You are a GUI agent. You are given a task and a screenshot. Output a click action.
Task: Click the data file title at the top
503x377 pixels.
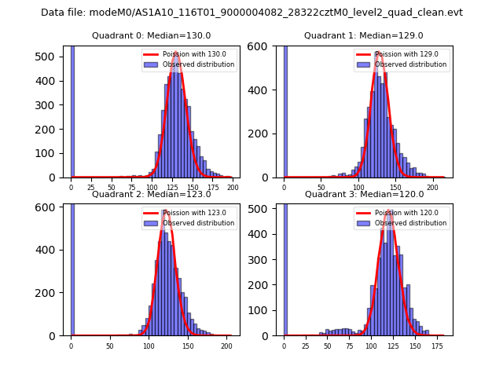(x=251, y=13)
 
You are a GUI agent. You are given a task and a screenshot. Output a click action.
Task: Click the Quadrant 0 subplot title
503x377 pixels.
(x=151, y=35)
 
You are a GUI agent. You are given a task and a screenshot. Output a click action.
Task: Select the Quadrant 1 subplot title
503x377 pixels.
(x=364, y=35)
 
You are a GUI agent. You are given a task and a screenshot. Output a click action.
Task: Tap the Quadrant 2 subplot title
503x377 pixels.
(x=151, y=194)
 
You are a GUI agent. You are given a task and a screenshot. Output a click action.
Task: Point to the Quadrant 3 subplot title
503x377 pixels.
(x=364, y=194)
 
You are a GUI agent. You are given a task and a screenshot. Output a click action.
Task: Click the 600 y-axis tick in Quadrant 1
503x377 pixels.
(x=265, y=46)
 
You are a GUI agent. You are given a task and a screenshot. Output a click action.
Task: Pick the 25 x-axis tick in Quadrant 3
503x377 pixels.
(x=305, y=346)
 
